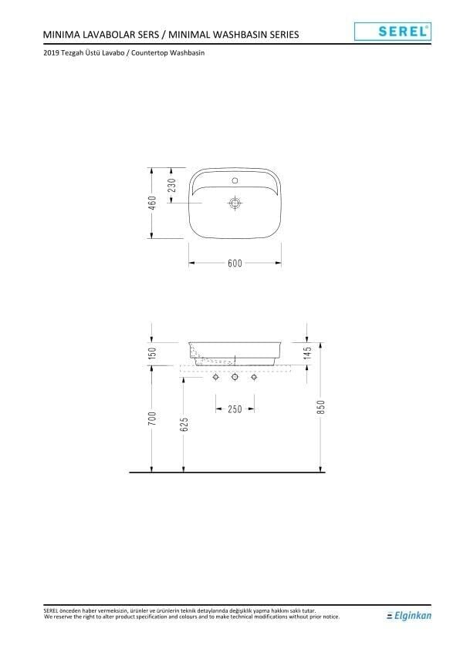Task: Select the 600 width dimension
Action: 235,264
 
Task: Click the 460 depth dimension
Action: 153,202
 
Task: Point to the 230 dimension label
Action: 173,185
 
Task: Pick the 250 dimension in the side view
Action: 235,409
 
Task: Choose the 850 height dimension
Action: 321,407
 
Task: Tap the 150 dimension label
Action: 153,352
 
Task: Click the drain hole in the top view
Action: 235,203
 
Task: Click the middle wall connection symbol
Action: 235,378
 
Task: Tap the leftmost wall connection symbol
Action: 216,378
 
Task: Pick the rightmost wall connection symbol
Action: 253,378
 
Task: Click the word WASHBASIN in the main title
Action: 235,35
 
